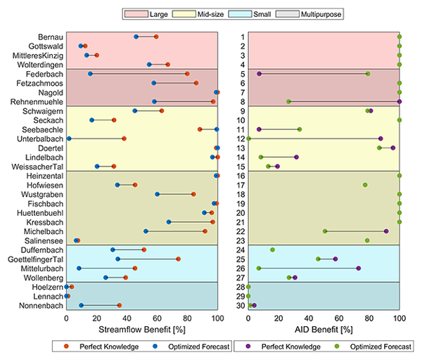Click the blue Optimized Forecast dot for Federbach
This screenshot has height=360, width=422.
click(90, 74)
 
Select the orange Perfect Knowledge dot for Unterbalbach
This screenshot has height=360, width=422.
click(124, 139)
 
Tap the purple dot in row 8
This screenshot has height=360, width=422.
click(399, 101)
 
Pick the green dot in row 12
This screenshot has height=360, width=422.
click(248, 139)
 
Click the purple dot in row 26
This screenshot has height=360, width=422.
click(359, 269)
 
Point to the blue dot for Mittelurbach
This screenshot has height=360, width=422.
click(79, 269)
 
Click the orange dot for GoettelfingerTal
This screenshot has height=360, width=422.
click(178, 259)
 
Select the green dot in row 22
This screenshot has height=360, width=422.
click(325, 231)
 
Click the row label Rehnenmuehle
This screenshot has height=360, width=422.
click(37, 102)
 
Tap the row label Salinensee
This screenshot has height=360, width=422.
click(44, 240)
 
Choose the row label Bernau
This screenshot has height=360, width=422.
click(51, 37)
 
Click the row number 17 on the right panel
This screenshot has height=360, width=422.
click(241, 185)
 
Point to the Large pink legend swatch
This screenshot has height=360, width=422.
click(136, 14)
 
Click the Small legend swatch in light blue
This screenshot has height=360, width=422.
click(240, 14)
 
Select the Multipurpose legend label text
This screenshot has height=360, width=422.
click(321, 14)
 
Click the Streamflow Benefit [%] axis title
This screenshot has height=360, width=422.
click(142, 330)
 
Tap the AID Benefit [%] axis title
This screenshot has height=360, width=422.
click(324, 330)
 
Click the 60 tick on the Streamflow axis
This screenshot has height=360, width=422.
click(157, 319)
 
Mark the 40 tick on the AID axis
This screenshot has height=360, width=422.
click(309, 319)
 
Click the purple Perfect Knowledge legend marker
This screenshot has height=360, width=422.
click(248, 346)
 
